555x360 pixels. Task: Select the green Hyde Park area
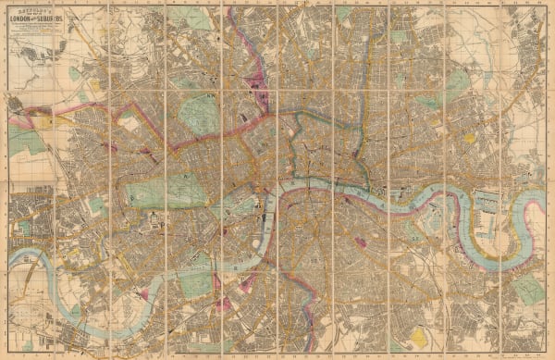[159, 192]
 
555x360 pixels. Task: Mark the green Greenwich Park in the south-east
[529, 290]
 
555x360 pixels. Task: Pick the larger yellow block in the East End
[469, 138]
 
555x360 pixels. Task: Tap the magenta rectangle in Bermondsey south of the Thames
[359, 242]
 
